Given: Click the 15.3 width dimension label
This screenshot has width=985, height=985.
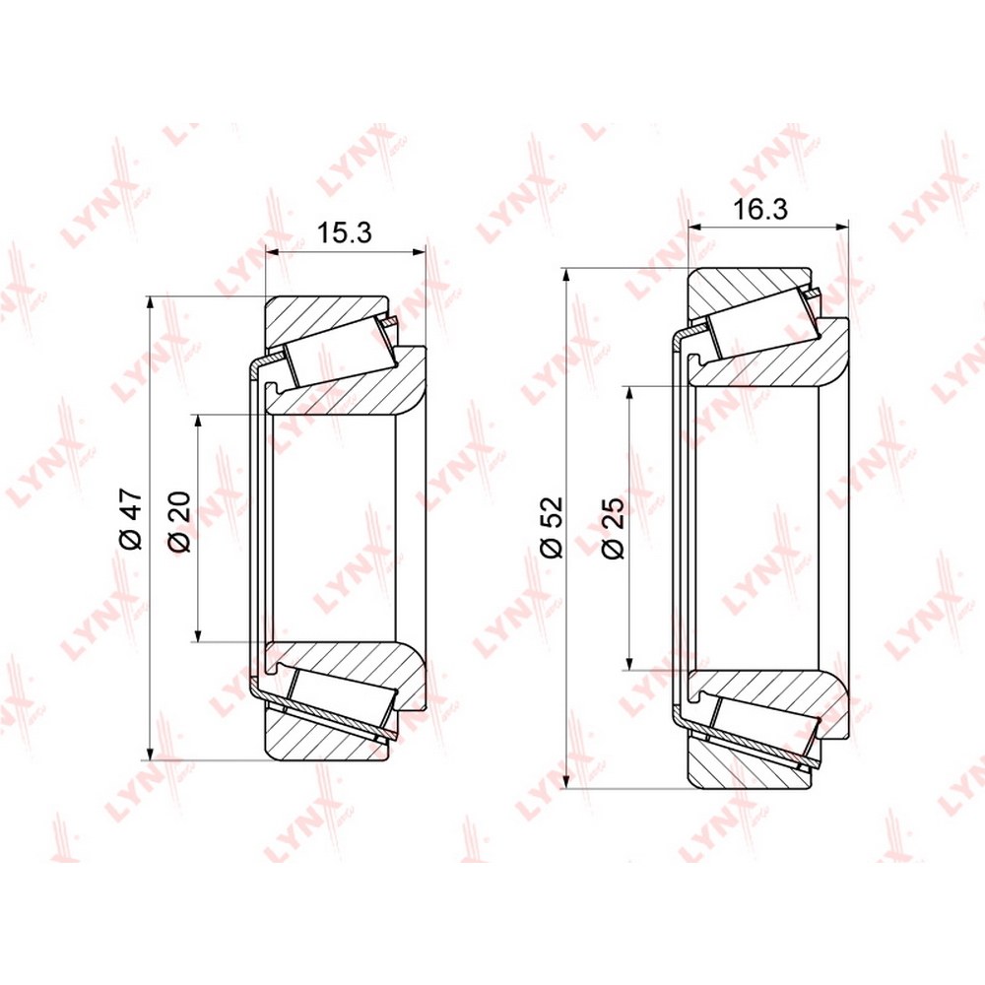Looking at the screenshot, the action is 344,232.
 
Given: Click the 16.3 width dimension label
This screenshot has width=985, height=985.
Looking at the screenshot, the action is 760,209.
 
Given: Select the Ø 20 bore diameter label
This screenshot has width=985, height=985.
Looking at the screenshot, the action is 179,521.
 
